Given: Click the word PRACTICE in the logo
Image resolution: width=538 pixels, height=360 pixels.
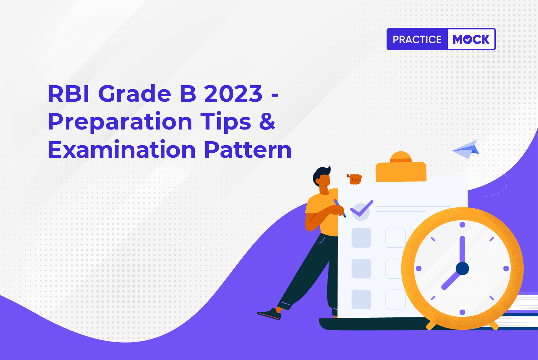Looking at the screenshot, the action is [x=417, y=39].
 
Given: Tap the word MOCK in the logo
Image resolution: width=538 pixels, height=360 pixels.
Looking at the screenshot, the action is [x=471, y=39].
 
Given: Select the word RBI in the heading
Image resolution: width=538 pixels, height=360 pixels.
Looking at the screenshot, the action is [x=69, y=94].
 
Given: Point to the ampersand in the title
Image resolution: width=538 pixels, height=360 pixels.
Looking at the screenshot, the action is [x=267, y=121].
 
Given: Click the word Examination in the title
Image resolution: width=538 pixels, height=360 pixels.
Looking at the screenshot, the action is [x=122, y=150].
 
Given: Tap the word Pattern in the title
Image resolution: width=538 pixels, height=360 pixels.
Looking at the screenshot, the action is [x=248, y=150].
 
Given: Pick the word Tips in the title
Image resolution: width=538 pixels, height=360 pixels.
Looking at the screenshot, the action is [x=226, y=122].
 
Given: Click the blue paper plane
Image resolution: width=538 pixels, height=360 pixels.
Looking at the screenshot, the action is [x=466, y=150].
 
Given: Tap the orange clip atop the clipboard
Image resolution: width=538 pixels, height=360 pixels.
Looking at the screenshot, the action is [x=401, y=167].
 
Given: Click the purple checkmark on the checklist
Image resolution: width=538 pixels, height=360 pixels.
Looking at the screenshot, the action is [x=362, y=208].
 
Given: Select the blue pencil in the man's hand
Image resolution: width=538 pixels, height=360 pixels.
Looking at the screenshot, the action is [x=340, y=208].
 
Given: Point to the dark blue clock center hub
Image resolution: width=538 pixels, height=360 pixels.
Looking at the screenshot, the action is [x=462, y=268].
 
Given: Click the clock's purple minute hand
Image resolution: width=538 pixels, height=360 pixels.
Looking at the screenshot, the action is [x=462, y=250].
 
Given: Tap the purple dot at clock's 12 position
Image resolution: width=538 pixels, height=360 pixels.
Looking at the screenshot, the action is [x=462, y=225].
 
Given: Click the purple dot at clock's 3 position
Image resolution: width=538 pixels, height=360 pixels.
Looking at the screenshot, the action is [x=506, y=268].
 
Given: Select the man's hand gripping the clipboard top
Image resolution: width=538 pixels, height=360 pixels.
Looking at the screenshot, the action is [x=355, y=179].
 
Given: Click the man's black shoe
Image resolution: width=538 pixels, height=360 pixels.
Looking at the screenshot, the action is [x=269, y=314].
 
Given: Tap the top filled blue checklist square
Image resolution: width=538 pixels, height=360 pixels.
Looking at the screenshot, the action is [x=361, y=238].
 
